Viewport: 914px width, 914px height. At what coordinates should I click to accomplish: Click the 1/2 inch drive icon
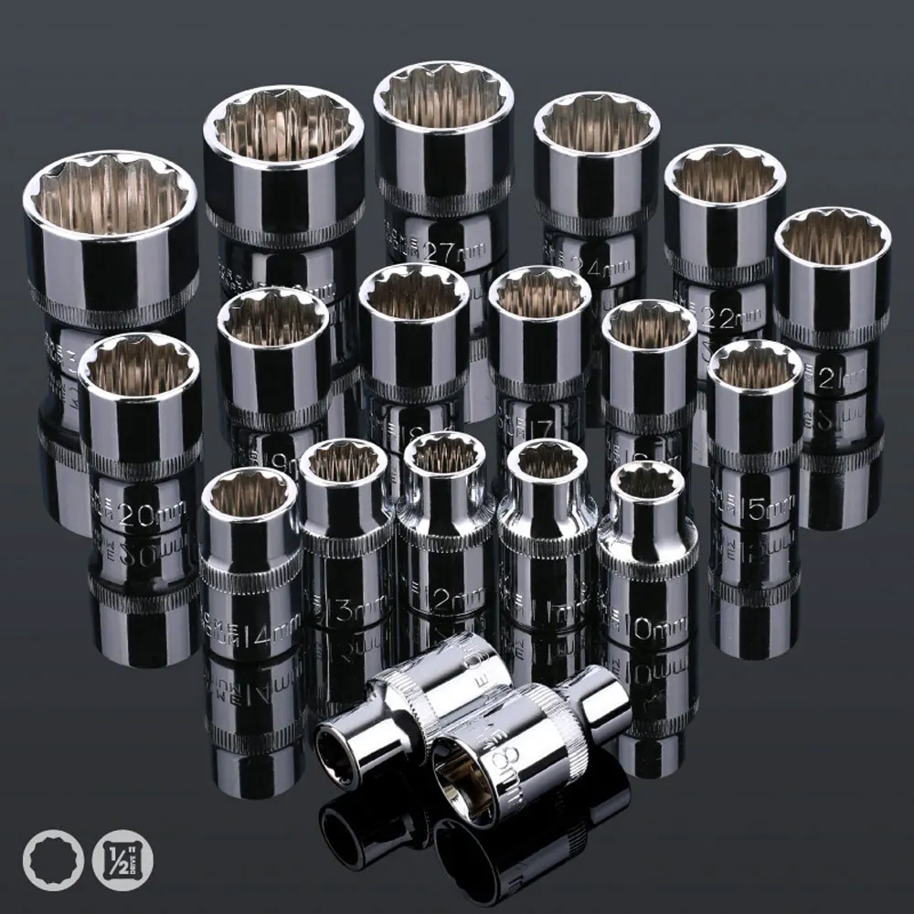(123, 860)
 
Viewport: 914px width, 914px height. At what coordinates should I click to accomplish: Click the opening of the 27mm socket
(442, 95)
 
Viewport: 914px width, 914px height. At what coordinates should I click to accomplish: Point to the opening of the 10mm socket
(647, 481)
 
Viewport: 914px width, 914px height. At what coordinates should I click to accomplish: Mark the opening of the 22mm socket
(725, 175)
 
